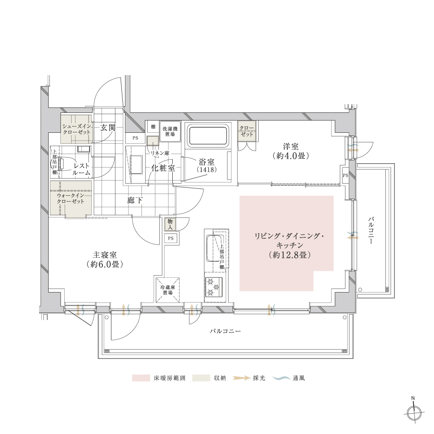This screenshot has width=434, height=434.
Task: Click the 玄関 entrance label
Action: click(x=108, y=128)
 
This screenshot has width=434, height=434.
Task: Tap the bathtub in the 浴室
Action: click(x=208, y=135)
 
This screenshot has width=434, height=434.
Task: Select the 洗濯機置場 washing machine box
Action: click(x=170, y=132)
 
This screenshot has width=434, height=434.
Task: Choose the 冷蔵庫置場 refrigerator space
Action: click(x=168, y=290)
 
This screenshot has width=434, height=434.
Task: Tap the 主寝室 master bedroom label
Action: click(x=105, y=260)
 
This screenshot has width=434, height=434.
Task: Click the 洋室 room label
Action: click(x=291, y=151)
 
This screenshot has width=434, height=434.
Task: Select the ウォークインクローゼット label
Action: click(x=71, y=198)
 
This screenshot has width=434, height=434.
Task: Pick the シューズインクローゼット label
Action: click(x=76, y=129)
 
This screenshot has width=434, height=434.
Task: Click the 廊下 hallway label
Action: click(x=135, y=200)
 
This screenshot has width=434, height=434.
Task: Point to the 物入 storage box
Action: click(x=170, y=224)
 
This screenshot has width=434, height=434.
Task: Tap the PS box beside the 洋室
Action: click(x=345, y=175)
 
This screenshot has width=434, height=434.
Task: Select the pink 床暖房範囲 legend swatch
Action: click(x=141, y=378)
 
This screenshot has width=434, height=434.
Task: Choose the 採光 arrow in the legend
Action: click(x=241, y=378)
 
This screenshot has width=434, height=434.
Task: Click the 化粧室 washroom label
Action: click(x=163, y=168)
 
